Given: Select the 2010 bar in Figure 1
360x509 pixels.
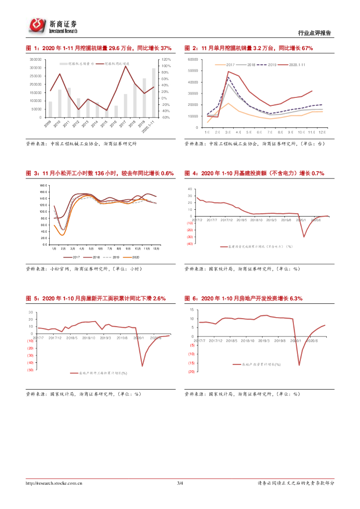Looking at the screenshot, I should click(60, 103).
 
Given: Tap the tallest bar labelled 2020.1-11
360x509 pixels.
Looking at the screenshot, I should click(154, 93).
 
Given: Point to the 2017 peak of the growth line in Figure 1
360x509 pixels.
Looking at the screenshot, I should click(125, 66).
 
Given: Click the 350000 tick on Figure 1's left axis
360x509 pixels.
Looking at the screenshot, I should click(35, 60).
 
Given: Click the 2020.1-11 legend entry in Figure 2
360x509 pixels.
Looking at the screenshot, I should click(297, 65).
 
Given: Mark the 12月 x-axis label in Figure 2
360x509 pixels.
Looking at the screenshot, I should click(322, 133).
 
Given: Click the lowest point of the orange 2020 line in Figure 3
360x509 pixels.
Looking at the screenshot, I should click(63, 235).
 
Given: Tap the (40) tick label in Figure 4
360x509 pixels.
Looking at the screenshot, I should click(190, 244).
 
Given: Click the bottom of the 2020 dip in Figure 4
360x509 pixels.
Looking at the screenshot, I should click(304, 237).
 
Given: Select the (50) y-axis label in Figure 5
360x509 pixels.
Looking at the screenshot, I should click(30, 370).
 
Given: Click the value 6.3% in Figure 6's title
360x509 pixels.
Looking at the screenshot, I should click(296, 298).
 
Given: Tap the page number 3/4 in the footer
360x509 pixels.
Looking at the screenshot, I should click(180, 483).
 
